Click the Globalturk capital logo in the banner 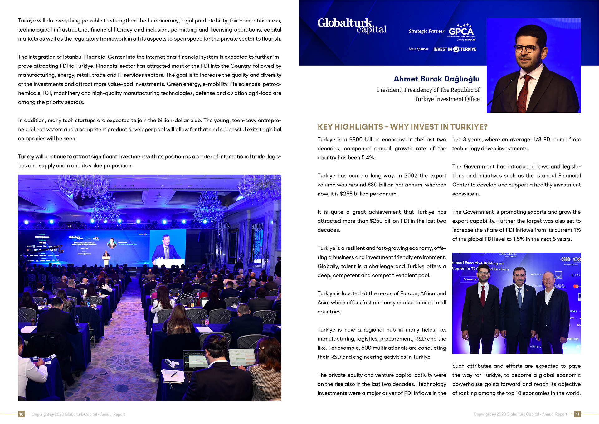[x=352, y=26]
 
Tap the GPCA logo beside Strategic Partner [x=461, y=32]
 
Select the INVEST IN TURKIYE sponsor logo [x=455, y=49]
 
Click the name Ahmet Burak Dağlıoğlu [x=436, y=79]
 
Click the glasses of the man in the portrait [x=527, y=48]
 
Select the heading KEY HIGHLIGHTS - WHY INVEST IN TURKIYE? [x=402, y=127]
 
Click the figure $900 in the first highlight [x=356, y=139]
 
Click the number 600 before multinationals [x=366, y=348]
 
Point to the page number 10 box [x=21, y=414]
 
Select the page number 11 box [x=577, y=414]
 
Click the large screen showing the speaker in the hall [x=168, y=249]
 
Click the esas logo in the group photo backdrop [x=566, y=259]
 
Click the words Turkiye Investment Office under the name [x=447, y=99]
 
